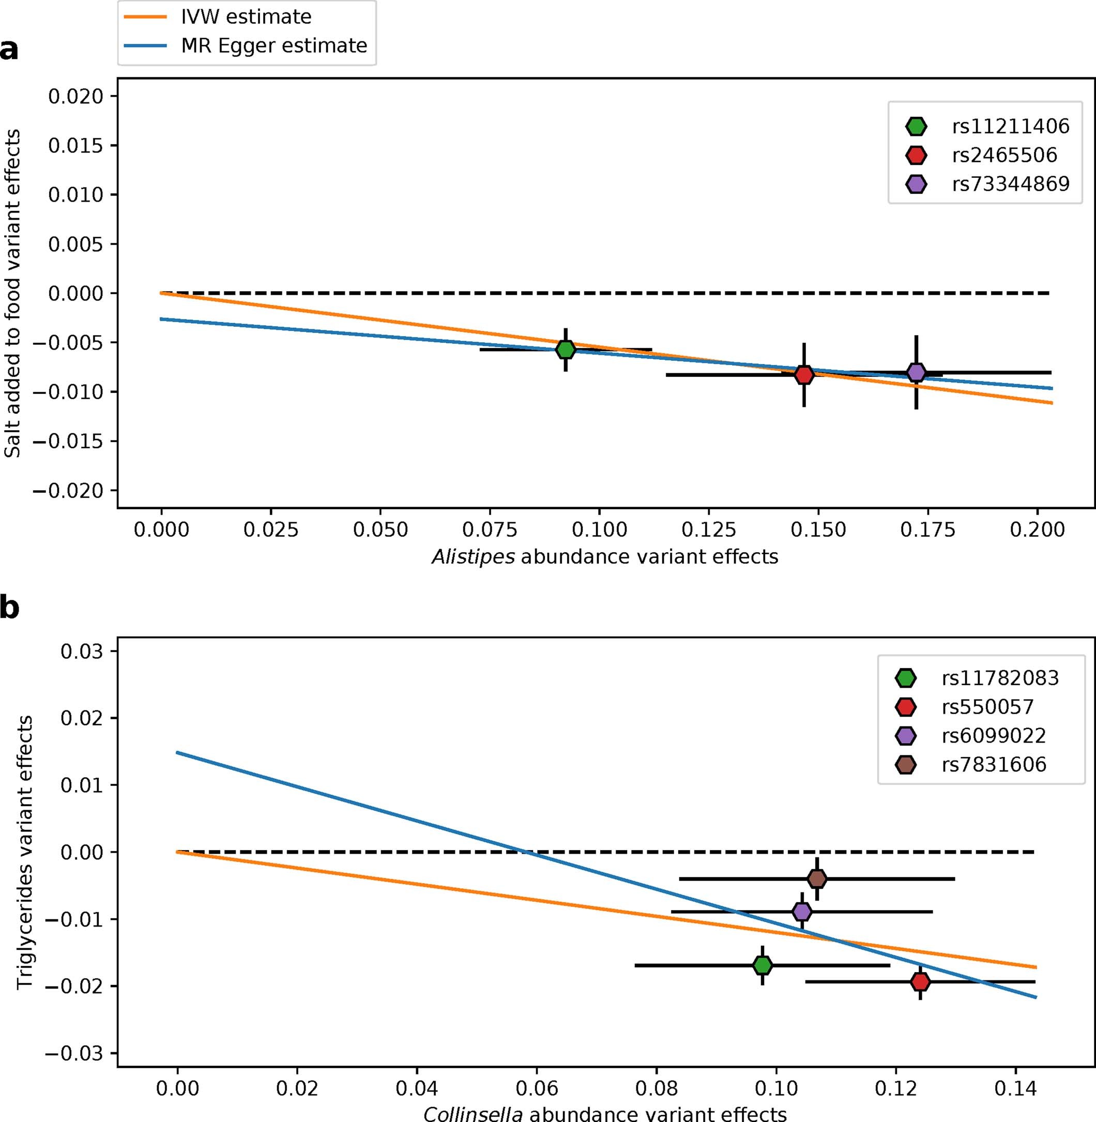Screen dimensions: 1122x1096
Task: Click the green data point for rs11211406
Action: tap(566, 350)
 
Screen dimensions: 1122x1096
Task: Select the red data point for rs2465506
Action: tap(804, 375)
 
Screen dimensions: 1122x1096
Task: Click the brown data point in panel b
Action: tap(817, 879)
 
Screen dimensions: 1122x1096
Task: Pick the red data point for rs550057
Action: tap(920, 981)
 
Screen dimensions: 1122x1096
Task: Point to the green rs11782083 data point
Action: tap(762, 965)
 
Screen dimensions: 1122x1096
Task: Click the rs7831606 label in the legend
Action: tap(994, 765)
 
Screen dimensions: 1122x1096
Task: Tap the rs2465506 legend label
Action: tap(1004, 155)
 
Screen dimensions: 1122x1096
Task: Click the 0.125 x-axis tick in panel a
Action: tap(709, 529)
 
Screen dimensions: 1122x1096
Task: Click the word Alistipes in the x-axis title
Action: tap(473, 557)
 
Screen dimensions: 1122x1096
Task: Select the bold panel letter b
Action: tap(9, 608)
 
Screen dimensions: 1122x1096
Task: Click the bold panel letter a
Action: tap(9, 50)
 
